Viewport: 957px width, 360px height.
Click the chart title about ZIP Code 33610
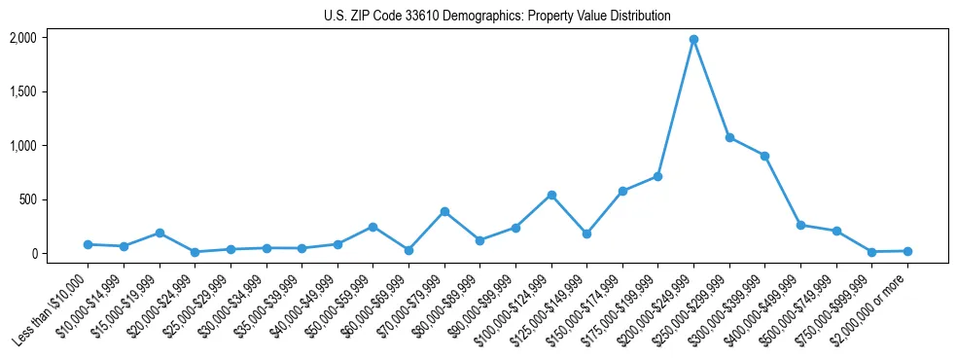[497, 17]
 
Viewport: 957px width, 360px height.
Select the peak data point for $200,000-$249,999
[693, 40]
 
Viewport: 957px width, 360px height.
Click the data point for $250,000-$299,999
[729, 138]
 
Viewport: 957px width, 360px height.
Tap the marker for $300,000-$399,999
[765, 156]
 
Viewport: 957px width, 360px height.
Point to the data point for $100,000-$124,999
[551, 195]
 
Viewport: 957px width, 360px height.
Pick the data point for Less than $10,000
[88, 244]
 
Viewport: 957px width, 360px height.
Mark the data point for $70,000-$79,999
[444, 211]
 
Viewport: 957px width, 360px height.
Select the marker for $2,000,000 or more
[907, 251]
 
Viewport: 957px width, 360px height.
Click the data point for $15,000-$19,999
[159, 234]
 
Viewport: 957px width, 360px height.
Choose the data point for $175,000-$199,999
[658, 176]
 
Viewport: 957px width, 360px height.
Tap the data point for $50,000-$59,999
[372, 227]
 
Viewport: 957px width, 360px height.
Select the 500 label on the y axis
[28, 199]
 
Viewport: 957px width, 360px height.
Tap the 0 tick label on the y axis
[33, 253]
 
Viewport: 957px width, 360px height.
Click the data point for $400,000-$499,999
[800, 225]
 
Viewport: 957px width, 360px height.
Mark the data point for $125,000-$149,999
[586, 234]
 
